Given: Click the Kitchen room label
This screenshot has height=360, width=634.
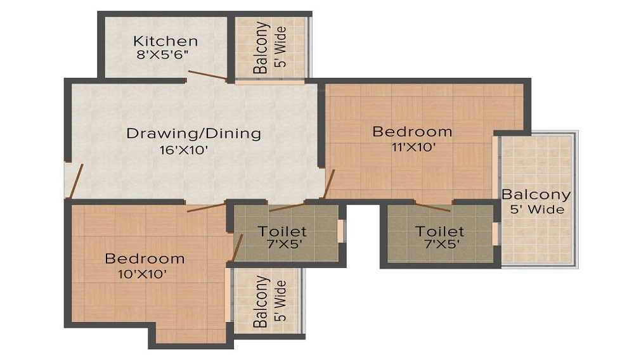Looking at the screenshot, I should click(x=165, y=41).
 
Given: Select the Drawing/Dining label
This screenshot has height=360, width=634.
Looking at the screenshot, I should click(x=193, y=134).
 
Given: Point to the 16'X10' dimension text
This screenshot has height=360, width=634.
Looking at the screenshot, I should click(x=184, y=151).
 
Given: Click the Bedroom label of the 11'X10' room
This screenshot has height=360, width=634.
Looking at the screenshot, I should click(x=412, y=132).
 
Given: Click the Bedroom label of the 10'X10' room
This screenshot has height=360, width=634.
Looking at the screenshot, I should click(x=145, y=259).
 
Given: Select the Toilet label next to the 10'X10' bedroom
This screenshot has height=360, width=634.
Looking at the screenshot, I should click(x=282, y=231).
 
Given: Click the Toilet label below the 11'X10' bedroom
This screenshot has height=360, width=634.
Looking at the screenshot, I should click(x=440, y=231).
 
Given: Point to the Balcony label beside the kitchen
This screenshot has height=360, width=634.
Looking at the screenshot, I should click(x=261, y=48).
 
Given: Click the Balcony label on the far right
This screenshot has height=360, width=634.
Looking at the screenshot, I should click(x=536, y=195).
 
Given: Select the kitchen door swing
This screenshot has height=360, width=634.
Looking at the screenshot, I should click(x=206, y=75).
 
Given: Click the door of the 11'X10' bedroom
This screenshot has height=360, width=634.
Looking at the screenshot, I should click(x=328, y=184).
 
